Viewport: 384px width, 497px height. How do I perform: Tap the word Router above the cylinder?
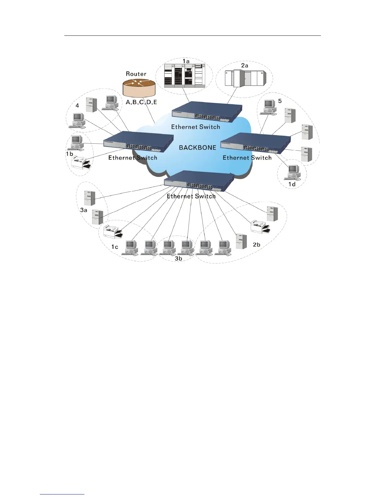point(136,74)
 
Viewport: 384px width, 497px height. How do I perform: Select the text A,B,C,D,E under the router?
point(141,102)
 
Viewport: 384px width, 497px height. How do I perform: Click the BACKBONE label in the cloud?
point(197,147)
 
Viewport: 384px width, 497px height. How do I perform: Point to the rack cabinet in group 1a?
point(184,75)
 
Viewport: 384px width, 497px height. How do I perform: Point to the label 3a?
point(83,210)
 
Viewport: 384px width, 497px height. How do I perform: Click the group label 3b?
point(178,258)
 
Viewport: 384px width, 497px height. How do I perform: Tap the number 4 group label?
point(77,105)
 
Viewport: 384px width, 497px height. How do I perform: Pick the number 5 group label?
point(280,101)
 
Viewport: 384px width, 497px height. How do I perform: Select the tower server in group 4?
point(91,104)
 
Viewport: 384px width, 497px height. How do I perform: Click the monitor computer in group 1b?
point(76,143)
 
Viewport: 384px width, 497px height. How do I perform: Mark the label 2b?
point(256,244)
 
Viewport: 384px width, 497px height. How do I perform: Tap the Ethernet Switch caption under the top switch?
point(195,127)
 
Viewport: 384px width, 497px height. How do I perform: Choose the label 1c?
point(115,247)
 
